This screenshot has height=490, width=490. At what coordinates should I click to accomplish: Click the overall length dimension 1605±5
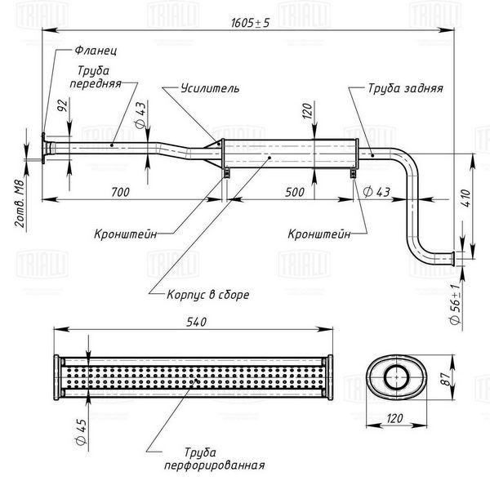click(250, 23)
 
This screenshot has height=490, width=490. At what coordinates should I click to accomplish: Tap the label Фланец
click(96, 51)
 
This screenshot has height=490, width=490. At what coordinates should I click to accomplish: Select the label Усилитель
click(210, 88)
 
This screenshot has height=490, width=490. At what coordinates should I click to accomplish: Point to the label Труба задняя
click(405, 88)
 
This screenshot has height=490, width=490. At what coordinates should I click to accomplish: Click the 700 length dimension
click(120, 192)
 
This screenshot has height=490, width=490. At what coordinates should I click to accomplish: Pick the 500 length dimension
click(295, 192)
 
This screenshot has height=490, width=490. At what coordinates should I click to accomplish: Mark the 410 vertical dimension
click(466, 198)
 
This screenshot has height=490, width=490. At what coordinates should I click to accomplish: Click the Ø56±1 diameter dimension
click(455, 304)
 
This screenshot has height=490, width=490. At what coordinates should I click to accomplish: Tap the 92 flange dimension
click(63, 105)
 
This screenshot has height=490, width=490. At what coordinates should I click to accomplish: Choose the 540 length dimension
click(197, 322)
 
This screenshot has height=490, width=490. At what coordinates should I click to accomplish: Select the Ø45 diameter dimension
click(81, 432)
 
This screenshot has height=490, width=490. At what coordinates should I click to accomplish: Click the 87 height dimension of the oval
click(448, 379)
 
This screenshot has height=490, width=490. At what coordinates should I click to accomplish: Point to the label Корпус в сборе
click(208, 294)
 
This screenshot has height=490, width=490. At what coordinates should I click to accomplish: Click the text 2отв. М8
click(20, 203)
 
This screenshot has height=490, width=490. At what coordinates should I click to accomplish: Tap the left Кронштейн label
click(125, 234)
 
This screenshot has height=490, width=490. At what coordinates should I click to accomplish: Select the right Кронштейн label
click(319, 234)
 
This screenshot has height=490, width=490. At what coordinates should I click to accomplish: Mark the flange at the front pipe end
click(43, 148)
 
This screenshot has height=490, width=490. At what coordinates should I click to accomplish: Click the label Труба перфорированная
click(214, 459)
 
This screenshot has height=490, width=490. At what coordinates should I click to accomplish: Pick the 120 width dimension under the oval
click(394, 418)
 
